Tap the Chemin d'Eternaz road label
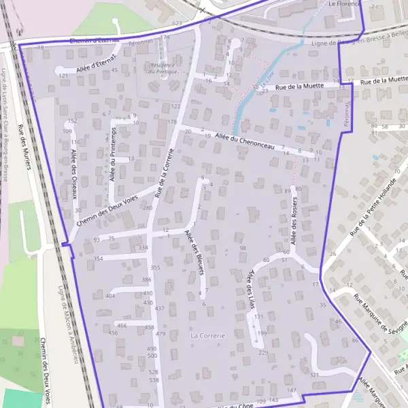pos(95,41)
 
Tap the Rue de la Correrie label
pos(166,174)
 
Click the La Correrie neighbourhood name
pos(207,335)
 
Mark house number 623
pos(177,24)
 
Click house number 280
pos(148,207)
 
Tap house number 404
pos(111,296)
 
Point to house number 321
pos(313,375)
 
